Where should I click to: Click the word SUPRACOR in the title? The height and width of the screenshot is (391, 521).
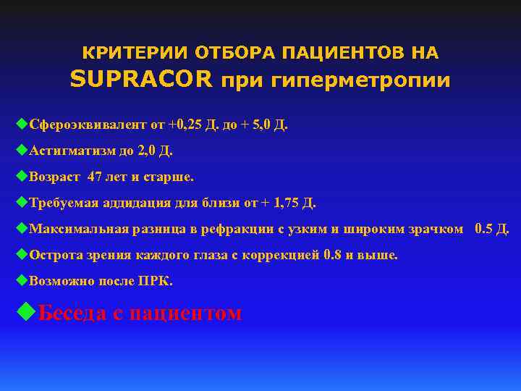[x=142, y=80]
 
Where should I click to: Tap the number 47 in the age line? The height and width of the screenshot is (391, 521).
[x=95, y=176]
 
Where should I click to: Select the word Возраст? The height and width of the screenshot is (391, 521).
[x=55, y=176]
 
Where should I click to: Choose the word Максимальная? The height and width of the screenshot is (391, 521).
[x=79, y=229]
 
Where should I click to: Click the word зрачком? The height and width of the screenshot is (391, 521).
[x=436, y=229]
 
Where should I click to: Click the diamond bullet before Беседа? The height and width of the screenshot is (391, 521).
[x=26, y=312]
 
